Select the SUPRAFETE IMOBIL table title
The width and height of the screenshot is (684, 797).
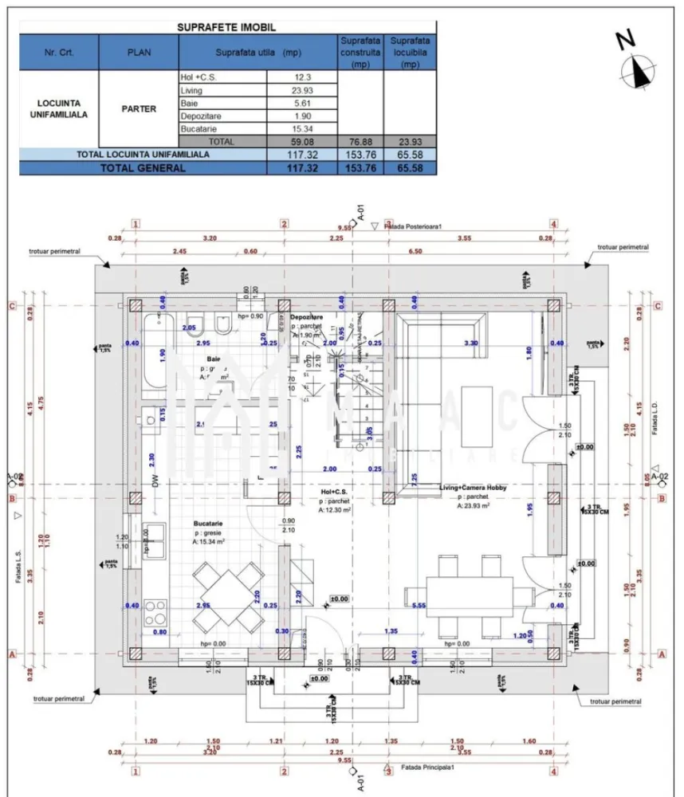[x=227, y=26]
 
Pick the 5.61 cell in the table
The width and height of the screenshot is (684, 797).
[x=301, y=104]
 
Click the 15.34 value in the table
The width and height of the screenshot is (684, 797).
[x=301, y=129]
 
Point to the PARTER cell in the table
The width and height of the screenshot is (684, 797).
[x=139, y=109]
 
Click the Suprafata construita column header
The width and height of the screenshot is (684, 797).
[x=360, y=52]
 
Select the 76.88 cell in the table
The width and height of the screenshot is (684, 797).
[x=360, y=141]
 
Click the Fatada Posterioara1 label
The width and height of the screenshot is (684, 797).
[x=412, y=226]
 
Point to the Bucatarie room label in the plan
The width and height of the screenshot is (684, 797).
[x=208, y=524]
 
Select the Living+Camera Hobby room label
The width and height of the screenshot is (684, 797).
[x=474, y=486]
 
